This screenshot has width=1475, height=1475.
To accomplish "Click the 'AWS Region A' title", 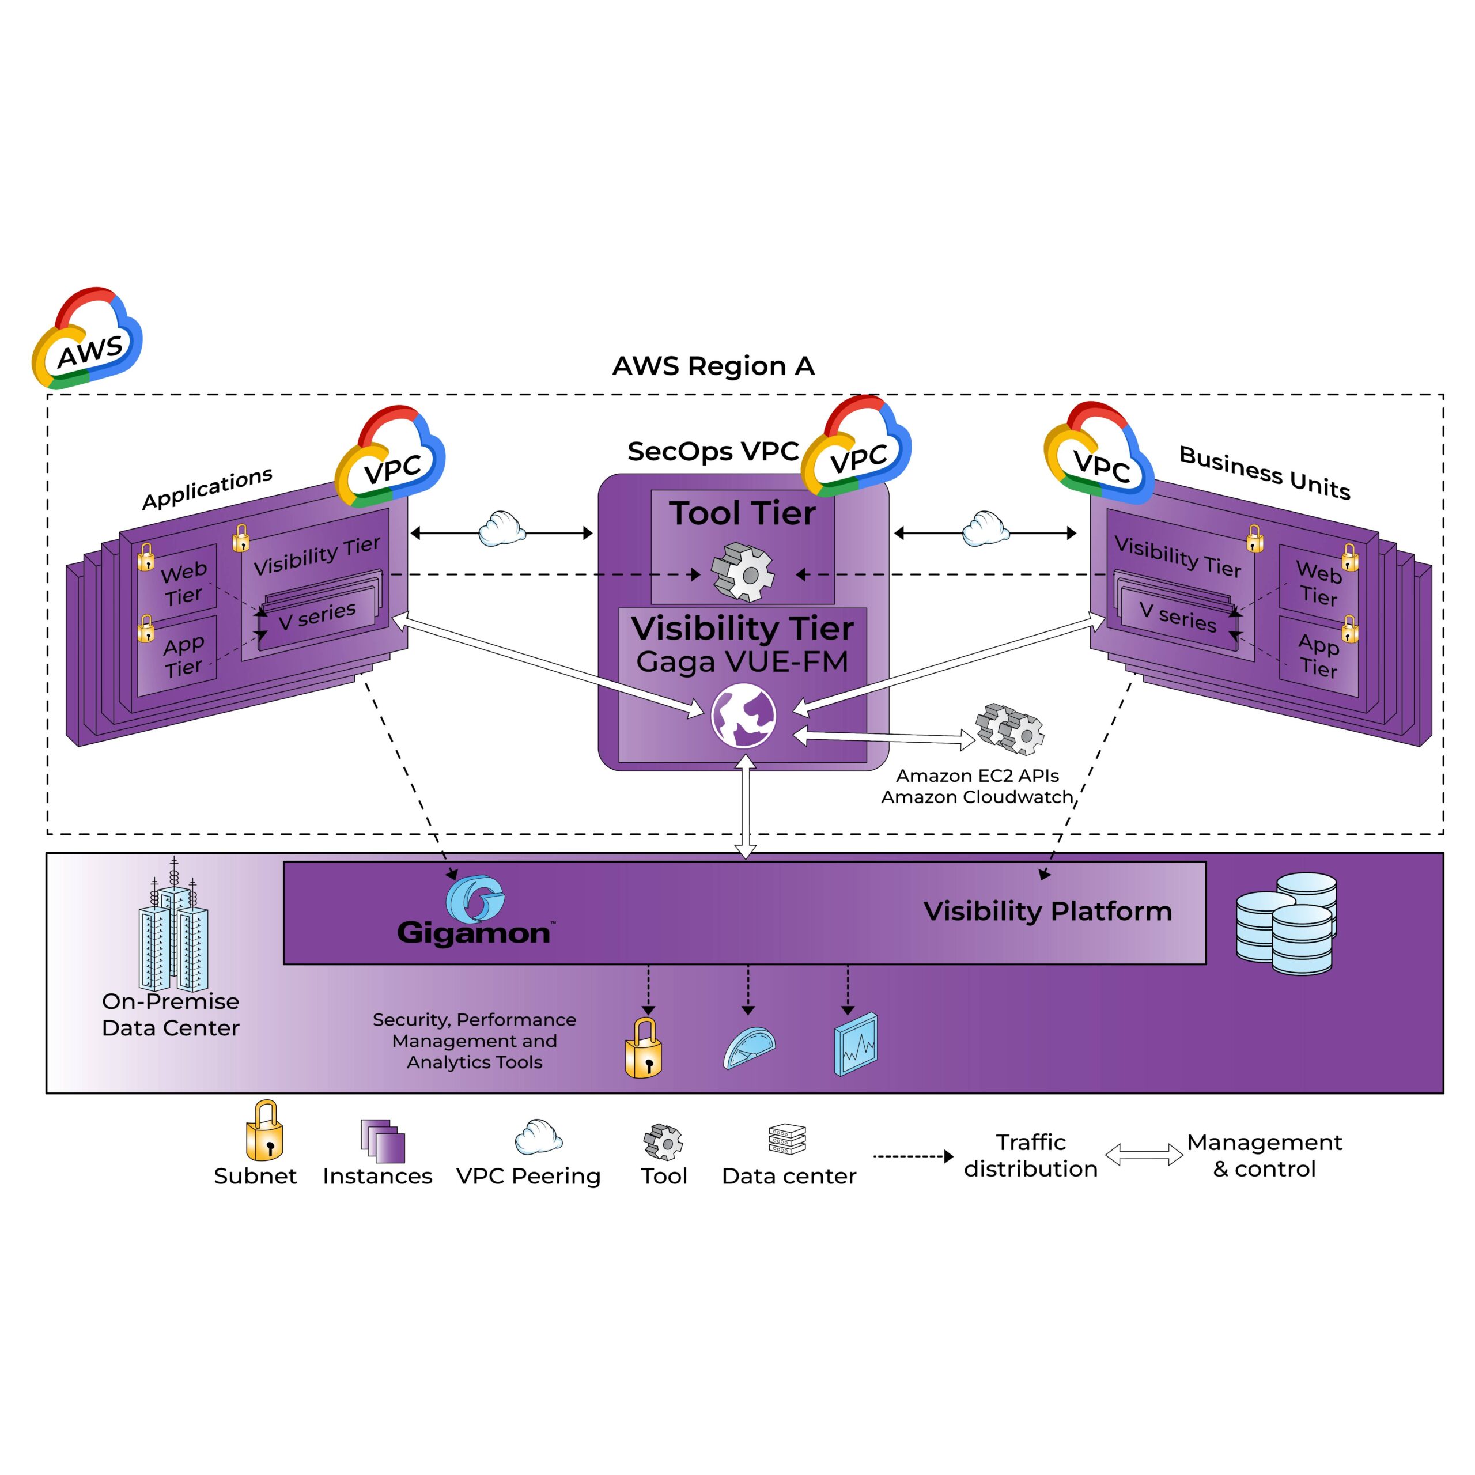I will coord(713,366).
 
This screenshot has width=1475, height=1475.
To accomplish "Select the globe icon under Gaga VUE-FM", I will coord(743,716).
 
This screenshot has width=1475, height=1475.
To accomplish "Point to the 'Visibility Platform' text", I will coord(1047,912).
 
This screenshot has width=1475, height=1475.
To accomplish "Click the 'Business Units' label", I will coord(1264,472).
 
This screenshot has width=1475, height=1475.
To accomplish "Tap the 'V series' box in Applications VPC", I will coord(317,615).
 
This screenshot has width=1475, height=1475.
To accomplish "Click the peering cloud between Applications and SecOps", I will coord(502,529).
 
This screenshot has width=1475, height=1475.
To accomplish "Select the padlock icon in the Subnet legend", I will coord(264,1132).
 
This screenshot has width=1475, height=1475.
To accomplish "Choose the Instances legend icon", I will coord(383,1141).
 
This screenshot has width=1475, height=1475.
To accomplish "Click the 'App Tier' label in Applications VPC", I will coord(183,656).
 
